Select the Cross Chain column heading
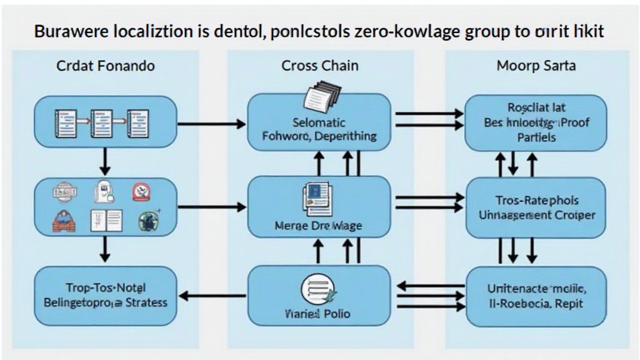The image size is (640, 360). click(319, 66)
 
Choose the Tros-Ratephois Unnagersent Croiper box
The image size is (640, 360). click(536, 207)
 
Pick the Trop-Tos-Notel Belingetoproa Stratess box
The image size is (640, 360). click(105, 295)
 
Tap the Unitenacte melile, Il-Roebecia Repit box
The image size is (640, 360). click(536, 296)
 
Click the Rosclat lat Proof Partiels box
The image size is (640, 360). click(536, 123)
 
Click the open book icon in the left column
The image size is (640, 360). click(106, 220)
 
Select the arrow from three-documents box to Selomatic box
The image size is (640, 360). click(212, 124)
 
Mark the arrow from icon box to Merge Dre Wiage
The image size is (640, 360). click(212, 206)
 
